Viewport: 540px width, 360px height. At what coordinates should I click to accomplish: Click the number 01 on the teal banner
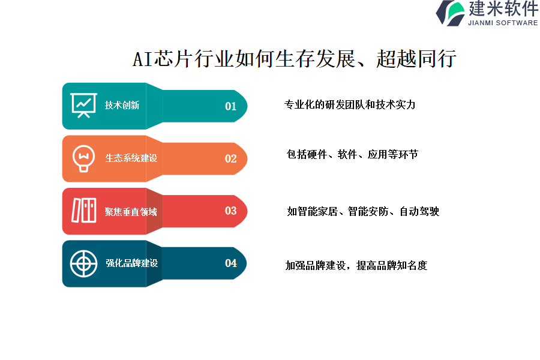pos(231,106)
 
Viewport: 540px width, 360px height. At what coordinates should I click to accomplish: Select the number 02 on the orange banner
pos(231,158)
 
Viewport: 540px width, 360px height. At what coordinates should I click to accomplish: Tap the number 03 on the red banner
pos(231,211)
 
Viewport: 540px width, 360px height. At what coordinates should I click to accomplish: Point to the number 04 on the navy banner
pos(231,263)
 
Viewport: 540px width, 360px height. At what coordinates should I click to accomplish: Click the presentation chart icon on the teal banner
pos(83,106)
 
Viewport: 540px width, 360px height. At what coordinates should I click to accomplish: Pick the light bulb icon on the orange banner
pos(83,158)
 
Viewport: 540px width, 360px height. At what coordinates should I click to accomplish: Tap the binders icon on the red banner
pos(83,211)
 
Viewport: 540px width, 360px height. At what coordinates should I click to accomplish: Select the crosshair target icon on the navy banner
pos(83,264)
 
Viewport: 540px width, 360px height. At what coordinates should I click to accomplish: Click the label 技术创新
pos(122,105)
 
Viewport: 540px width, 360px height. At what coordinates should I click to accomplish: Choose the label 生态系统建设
pos(131,158)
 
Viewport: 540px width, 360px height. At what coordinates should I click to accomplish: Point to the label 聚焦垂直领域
pos(131,212)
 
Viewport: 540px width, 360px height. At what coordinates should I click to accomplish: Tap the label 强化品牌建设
pos(132,263)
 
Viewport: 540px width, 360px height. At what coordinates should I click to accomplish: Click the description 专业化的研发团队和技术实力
pos(350,105)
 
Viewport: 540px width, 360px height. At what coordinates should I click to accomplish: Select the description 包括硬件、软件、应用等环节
pos(352,154)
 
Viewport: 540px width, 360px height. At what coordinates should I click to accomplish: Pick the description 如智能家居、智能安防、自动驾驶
pos(364,211)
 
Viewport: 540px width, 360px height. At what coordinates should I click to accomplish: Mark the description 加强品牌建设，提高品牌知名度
pos(356,265)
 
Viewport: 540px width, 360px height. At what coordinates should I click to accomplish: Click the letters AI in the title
pos(143,59)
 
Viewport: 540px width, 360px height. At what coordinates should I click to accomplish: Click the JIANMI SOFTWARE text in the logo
pos(503,23)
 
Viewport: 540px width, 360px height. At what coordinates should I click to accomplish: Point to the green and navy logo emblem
pos(450,13)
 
